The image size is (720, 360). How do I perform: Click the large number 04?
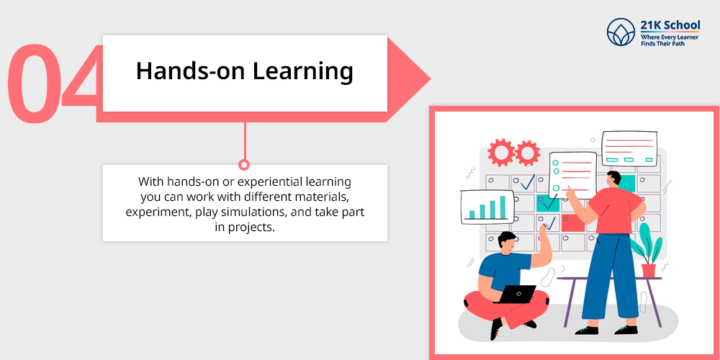click(53, 83)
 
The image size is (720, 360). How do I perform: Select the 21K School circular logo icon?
click(621, 32)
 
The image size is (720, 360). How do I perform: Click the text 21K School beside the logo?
click(670, 24)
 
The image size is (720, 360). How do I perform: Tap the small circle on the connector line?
click(244, 164)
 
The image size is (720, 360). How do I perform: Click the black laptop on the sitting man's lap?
click(516, 294)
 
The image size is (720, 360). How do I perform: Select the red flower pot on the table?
click(649, 270)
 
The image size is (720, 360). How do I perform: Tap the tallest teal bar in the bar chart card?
click(503, 207)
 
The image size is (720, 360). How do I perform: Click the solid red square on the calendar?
click(573, 223)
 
